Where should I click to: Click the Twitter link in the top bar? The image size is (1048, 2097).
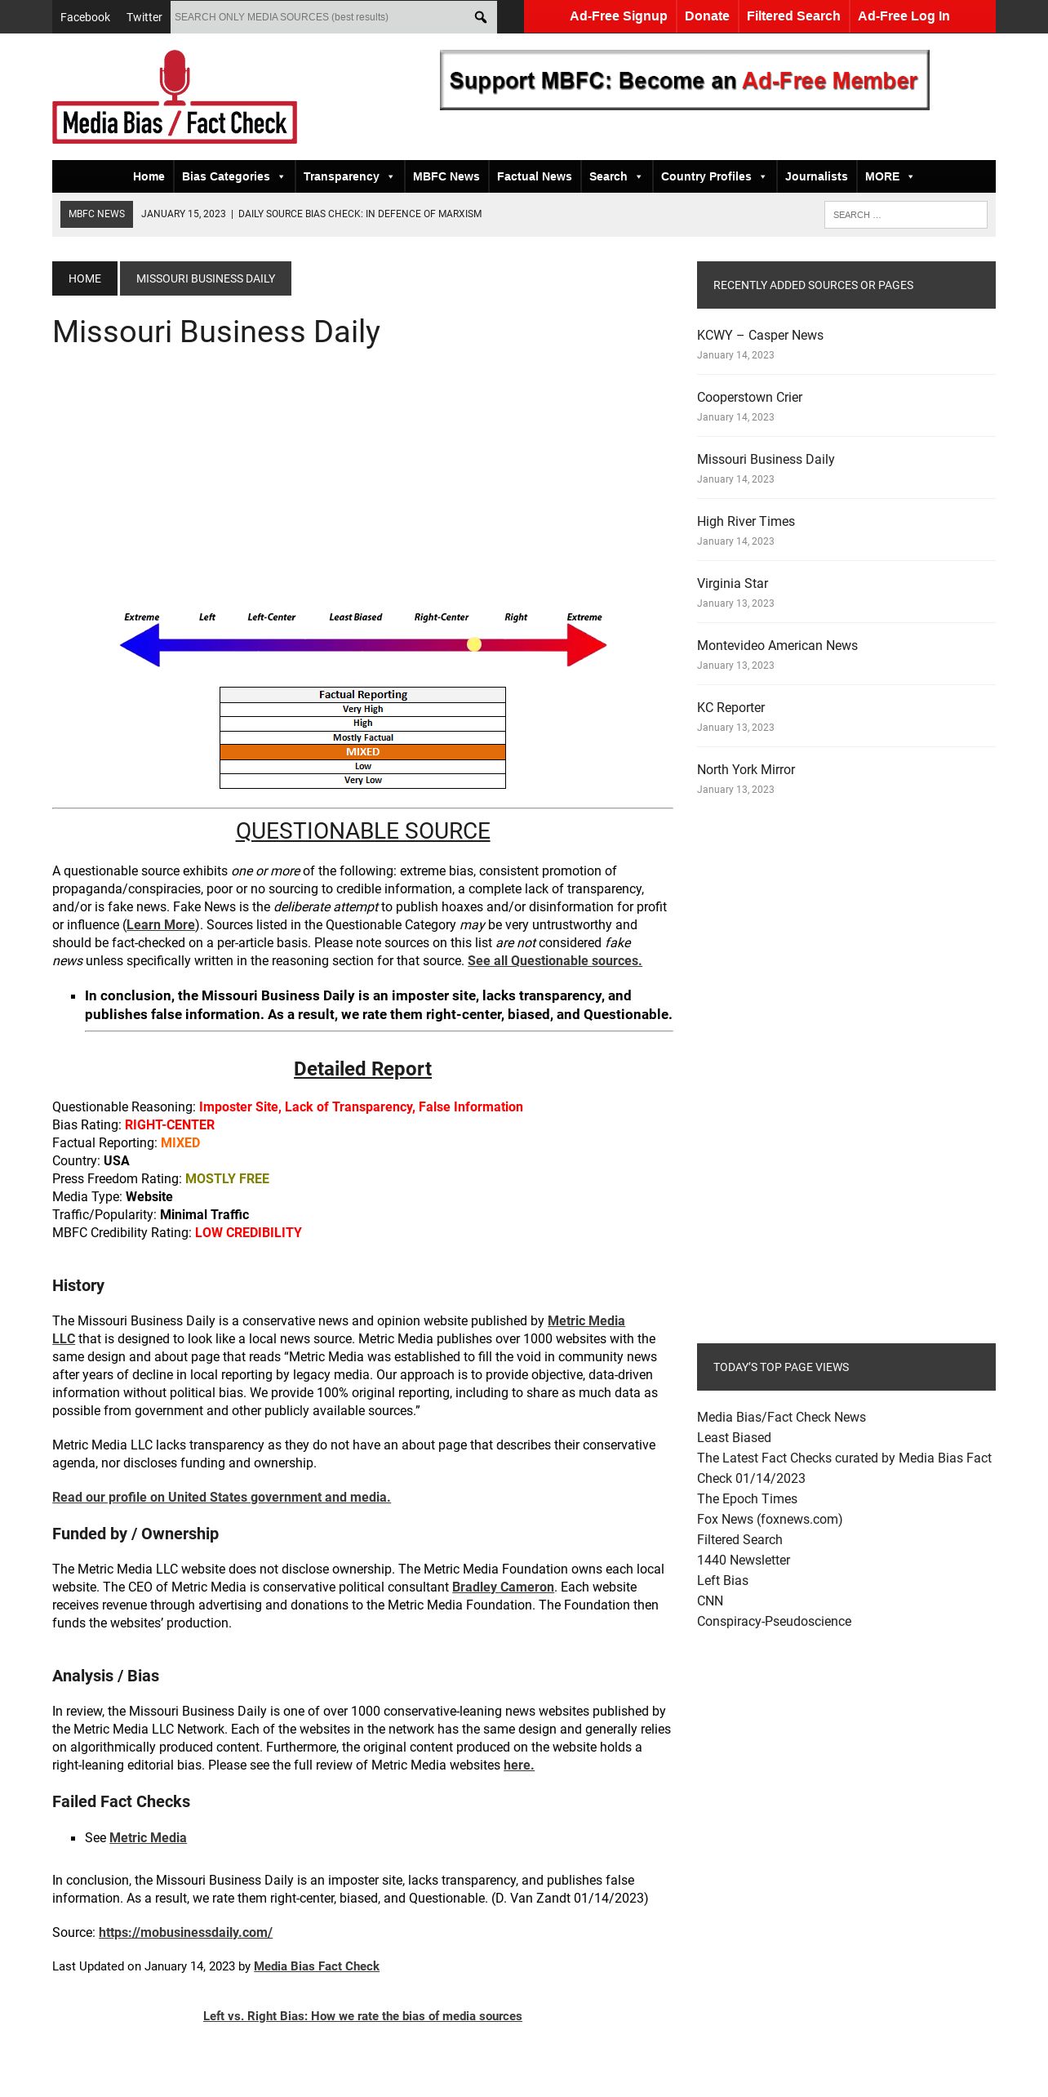[x=144, y=17]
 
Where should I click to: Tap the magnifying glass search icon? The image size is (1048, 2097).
[x=481, y=17]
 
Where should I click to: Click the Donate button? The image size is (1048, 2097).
[x=707, y=16]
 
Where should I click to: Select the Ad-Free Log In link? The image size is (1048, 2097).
[x=904, y=16]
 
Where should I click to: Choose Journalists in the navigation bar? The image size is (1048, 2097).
[x=816, y=176]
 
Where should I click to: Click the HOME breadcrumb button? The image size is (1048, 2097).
[x=85, y=278]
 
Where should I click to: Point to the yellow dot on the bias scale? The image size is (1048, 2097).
[x=474, y=644]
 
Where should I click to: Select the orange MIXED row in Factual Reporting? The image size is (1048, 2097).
[x=362, y=752]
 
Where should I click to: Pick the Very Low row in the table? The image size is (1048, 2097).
[x=362, y=781]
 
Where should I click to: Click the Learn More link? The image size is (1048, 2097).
[x=161, y=925]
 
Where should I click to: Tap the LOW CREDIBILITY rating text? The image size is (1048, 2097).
[x=248, y=1233]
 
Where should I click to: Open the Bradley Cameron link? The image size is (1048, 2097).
[x=503, y=1587]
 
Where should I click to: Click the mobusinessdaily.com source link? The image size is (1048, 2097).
[x=185, y=1933]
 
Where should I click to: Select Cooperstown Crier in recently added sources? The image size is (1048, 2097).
[x=749, y=398]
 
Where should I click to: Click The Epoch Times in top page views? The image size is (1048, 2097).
[x=747, y=1499]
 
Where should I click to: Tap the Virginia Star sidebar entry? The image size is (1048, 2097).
[x=732, y=584]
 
